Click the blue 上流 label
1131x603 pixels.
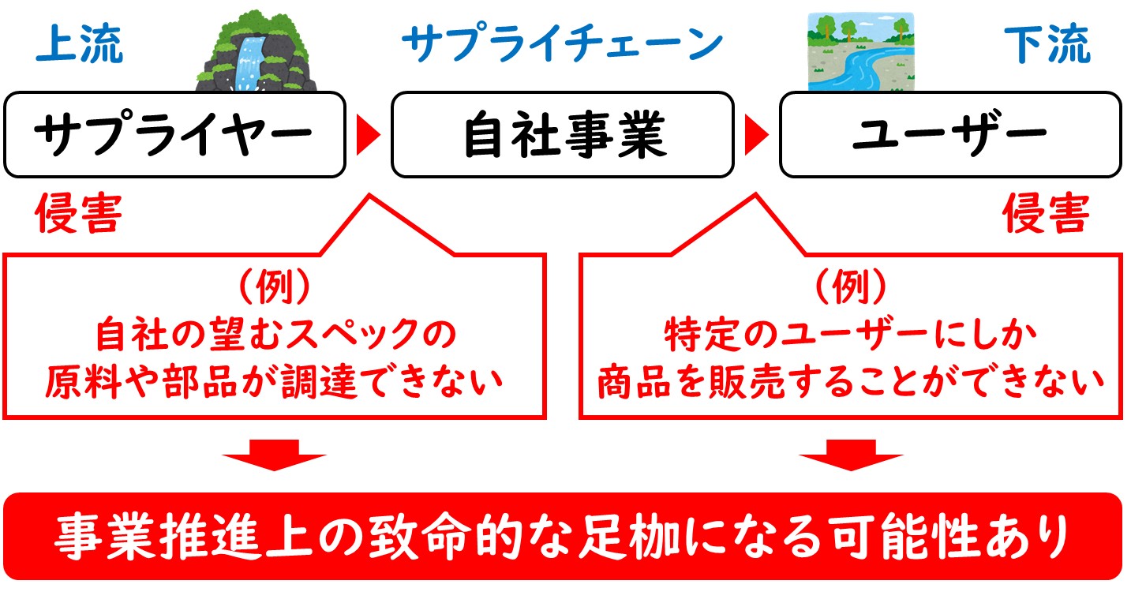tap(80, 44)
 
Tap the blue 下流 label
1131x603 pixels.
tap(1047, 44)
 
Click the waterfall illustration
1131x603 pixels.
tap(256, 51)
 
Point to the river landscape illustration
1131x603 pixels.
tap(861, 52)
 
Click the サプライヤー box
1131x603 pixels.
tap(174, 134)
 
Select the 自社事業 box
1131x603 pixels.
tap(563, 134)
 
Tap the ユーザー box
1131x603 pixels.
tap(950, 134)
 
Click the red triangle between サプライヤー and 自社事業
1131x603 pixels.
tap(368, 135)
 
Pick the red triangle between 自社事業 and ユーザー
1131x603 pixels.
tap(756, 135)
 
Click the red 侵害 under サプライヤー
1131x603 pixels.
tap(79, 212)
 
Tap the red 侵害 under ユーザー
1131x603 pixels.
tap(1046, 212)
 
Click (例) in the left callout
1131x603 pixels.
tap(275, 286)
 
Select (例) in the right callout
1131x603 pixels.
tap(852, 286)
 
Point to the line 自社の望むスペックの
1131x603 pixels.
tap(275, 334)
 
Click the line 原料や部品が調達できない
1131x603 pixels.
tap(275, 381)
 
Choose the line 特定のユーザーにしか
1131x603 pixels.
tap(850, 334)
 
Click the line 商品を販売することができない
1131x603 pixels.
tap(852, 381)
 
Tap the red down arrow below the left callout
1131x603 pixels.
tap(275, 455)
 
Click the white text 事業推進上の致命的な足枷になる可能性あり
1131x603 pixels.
tap(561, 537)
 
